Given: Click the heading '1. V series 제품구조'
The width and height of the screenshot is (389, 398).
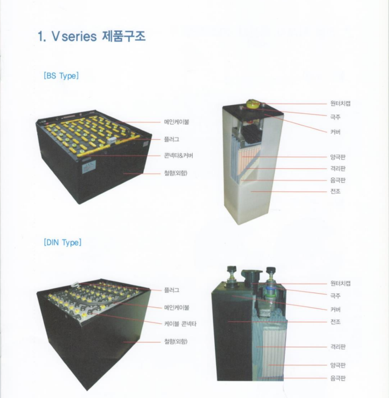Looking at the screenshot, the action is coord(92,36).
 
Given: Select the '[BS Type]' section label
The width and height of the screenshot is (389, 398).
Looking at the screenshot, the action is coord(61,75).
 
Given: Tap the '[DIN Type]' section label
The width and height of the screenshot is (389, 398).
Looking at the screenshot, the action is coord(63,243).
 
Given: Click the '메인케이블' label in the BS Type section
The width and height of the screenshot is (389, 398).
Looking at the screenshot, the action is coord(177,122).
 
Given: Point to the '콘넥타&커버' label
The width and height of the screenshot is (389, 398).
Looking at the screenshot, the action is coord(179,155).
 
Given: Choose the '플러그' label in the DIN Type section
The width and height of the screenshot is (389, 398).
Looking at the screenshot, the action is coord(172,290).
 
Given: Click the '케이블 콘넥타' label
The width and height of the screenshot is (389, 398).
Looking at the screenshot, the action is coord(180,324).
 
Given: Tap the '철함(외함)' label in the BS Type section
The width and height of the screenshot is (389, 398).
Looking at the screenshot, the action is coord(176,173).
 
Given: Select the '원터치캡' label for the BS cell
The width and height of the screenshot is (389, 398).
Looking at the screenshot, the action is coord(340,103).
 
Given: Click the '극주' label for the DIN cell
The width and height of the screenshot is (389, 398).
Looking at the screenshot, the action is coord(335,296).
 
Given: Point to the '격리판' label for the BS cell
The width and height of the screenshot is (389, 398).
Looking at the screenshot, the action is coord(338,169).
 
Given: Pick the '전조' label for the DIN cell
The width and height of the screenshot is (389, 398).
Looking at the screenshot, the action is coord(335,322).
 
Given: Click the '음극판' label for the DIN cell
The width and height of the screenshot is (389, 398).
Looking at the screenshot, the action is coord(338,378).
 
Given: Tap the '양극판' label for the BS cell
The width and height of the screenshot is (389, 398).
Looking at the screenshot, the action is coord(338,157).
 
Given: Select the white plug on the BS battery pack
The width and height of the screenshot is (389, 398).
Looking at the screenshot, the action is coord(112,140).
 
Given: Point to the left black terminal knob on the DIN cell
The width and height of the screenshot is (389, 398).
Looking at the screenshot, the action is coord(231,269).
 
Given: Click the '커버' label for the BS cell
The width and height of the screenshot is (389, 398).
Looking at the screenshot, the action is coord(335,132).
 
